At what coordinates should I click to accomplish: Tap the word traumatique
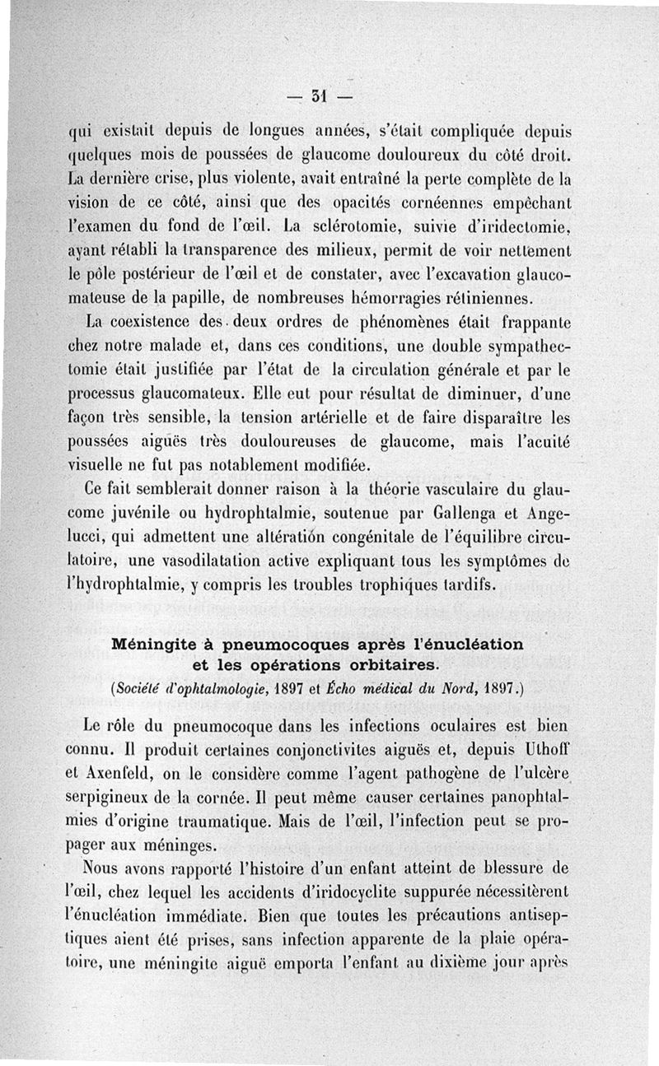(223, 822)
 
